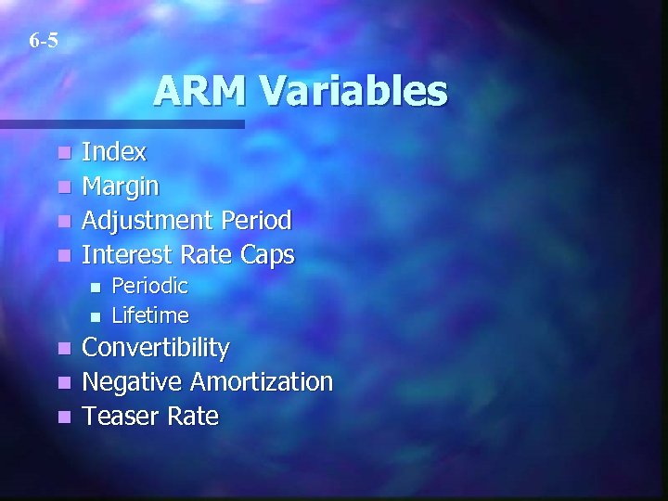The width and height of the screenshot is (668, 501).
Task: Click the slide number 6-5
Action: pos(43,41)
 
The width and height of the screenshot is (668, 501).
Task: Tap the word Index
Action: pos(114,152)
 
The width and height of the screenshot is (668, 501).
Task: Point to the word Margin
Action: pos(121,187)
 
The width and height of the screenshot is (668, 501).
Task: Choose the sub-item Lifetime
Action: pos(149,315)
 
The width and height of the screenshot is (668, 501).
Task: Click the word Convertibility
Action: pos(156,348)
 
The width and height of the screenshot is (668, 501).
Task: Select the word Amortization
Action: pos(262,381)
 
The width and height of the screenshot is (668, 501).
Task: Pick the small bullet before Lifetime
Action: pos(93,316)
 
